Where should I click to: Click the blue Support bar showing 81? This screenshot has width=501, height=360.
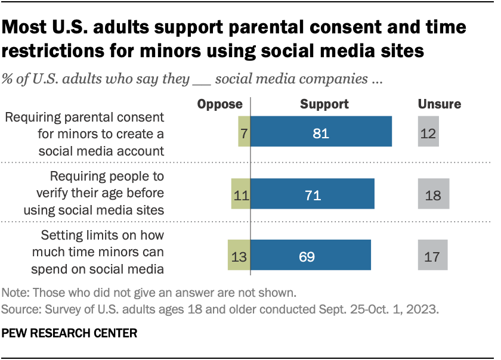pyautogui.click(x=321, y=131)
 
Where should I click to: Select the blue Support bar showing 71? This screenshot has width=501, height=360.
pyautogui.click(x=312, y=194)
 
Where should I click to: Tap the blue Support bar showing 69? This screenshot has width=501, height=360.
pyautogui.click(x=310, y=256)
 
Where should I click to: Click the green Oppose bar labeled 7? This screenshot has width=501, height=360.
pyautogui.click(x=244, y=131)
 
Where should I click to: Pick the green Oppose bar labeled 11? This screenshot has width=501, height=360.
pyautogui.click(x=240, y=194)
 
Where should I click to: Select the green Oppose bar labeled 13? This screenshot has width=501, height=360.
pyautogui.click(x=239, y=256)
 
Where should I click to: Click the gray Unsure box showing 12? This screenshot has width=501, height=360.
pyautogui.click(x=429, y=131)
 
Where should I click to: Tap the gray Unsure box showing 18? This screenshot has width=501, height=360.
pyautogui.click(x=433, y=194)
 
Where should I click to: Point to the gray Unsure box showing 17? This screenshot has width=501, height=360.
pyautogui.click(x=432, y=256)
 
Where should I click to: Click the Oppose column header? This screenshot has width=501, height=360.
pyautogui.click(x=220, y=104)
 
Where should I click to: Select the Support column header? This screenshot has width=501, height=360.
pyautogui.click(x=324, y=104)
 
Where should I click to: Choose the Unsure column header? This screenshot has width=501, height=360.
pyautogui.click(x=439, y=104)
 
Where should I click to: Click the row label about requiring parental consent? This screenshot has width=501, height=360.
pyautogui.click(x=84, y=134)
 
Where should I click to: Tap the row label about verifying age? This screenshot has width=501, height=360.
pyautogui.click(x=94, y=194)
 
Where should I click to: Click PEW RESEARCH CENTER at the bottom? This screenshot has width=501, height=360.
pyautogui.click(x=70, y=334)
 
